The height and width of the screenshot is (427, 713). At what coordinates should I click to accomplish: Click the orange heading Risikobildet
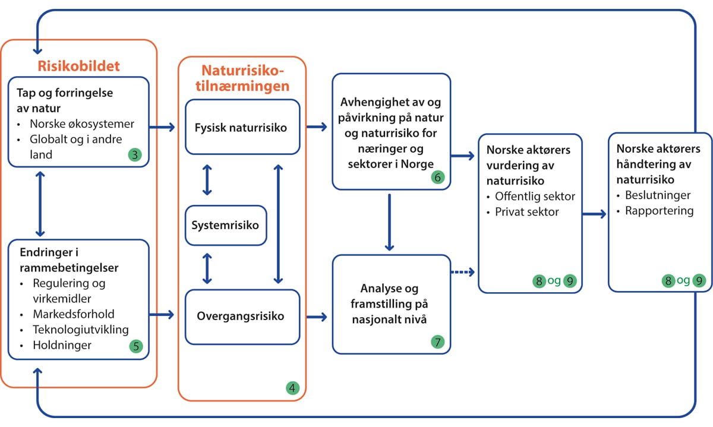(79, 65)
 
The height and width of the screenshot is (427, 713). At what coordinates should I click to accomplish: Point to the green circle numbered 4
(292, 388)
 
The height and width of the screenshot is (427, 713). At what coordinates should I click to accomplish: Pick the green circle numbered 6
(438, 176)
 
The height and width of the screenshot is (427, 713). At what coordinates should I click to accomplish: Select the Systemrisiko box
(225, 226)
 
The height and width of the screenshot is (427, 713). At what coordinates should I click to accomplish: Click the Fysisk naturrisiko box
(242, 126)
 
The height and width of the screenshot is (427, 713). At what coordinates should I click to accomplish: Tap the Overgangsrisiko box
(242, 317)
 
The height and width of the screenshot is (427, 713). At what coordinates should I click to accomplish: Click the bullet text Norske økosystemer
(83, 125)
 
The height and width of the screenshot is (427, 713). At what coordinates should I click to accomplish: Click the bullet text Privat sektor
(527, 211)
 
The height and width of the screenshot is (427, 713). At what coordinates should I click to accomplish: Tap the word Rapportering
(659, 210)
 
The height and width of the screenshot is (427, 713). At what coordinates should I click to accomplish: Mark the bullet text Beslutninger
(657, 195)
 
